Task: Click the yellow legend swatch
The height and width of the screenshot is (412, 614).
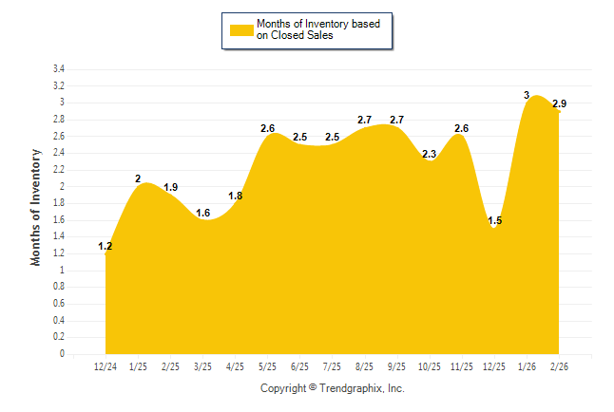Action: click(241, 29)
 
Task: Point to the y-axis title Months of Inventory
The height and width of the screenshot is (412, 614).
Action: click(36, 207)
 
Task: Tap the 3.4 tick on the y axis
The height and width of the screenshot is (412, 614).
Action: click(58, 69)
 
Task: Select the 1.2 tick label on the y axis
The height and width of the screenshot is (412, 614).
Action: click(58, 253)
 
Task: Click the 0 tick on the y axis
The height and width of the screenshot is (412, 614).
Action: click(62, 354)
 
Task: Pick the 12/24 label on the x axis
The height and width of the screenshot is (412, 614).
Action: click(106, 366)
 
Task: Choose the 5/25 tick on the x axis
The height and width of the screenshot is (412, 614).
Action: click(268, 366)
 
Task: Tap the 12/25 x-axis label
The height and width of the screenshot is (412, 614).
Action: click(495, 366)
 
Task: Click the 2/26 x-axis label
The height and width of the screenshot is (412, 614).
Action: click(560, 366)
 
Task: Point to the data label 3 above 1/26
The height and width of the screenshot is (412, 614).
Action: click(527, 95)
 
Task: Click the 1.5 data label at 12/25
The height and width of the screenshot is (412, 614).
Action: click(495, 221)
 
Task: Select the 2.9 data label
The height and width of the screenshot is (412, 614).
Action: click(560, 103)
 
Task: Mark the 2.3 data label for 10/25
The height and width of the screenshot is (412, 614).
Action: click(430, 155)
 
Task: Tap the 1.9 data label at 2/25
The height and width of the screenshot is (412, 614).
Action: click(171, 187)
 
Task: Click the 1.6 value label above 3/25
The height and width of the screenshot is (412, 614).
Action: click(203, 213)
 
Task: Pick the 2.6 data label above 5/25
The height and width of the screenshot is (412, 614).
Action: click(268, 128)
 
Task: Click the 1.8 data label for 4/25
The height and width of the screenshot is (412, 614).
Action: click(236, 196)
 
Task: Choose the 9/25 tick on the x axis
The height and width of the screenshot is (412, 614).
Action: click(397, 366)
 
